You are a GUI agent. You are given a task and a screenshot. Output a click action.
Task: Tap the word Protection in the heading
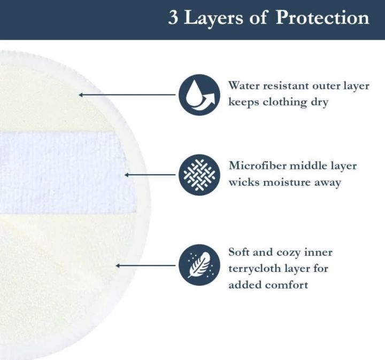pyautogui.click(x=323, y=18)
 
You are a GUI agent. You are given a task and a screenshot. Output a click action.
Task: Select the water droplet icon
pyautogui.click(x=199, y=95)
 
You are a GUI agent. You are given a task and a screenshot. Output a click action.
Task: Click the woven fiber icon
pyautogui.click(x=199, y=174)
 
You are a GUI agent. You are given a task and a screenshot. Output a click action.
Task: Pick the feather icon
pyautogui.click(x=199, y=264)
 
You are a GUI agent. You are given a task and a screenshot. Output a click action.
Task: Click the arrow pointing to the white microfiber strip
pyautogui.click(x=150, y=174)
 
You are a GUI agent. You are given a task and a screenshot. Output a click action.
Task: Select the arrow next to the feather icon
pyautogui.click(x=146, y=265)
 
